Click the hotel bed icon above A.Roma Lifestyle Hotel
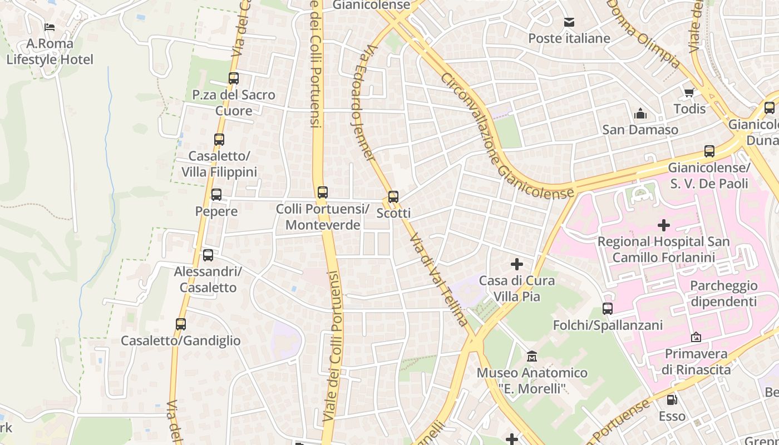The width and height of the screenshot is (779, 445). pyautogui.click(x=50, y=27)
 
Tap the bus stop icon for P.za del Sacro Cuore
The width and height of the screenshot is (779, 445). pyautogui.click(x=234, y=78)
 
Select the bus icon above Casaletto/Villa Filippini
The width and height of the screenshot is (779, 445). pyautogui.click(x=219, y=140)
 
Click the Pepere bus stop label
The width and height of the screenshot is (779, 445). pyautogui.click(x=216, y=211)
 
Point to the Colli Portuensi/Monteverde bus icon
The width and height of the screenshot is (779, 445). pyautogui.click(x=323, y=192)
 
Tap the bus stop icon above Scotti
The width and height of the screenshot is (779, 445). pyautogui.click(x=393, y=196)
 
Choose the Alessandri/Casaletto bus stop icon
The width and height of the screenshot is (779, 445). pyautogui.click(x=208, y=255)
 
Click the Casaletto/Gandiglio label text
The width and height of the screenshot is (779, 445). pyautogui.click(x=181, y=340)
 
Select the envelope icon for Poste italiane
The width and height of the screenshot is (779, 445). pyautogui.click(x=569, y=22)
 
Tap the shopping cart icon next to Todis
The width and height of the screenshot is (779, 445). pyautogui.click(x=689, y=93)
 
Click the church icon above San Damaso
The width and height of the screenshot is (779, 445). pyautogui.click(x=640, y=113)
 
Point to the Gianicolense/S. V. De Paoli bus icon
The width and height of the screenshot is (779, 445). pyautogui.click(x=709, y=151)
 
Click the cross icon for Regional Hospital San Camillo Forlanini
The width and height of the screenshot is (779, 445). pyautogui.click(x=663, y=225)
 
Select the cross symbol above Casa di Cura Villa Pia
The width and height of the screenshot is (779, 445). pyautogui.click(x=517, y=264)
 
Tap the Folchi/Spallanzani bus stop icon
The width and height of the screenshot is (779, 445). pyautogui.click(x=608, y=309)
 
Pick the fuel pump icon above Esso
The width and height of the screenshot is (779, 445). pyautogui.click(x=672, y=399)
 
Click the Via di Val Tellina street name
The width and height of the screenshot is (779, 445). pyautogui.click(x=438, y=280)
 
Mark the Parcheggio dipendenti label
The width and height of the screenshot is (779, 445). pyautogui.click(x=723, y=293)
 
